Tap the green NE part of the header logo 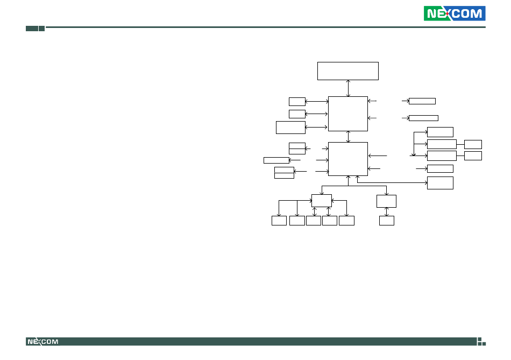pyautogui.click(x=434, y=13)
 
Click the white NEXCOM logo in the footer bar pyautogui.click(x=42, y=342)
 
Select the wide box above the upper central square pyautogui.click(x=348, y=70)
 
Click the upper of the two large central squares pyautogui.click(x=348, y=114)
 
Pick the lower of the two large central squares pyautogui.click(x=348, y=159)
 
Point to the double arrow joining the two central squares pyautogui.click(x=348, y=137)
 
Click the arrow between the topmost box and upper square pyautogui.click(x=348, y=88)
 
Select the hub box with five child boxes pyautogui.click(x=322, y=201)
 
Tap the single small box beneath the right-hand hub pyautogui.click(x=387, y=221)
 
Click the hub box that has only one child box pyautogui.click(x=387, y=201)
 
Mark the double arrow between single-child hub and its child pyautogui.click(x=387, y=211)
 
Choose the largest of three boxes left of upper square pyautogui.click(x=290, y=128)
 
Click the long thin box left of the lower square pyautogui.click(x=276, y=160)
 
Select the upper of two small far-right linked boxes pyautogui.click(x=473, y=144)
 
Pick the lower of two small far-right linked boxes pyautogui.click(x=473, y=156)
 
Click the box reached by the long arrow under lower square pyautogui.click(x=440, y=183)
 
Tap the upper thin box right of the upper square pyautogui.click(x=422, y=101)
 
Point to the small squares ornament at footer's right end pyautogui.click(x=481, y=342)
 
